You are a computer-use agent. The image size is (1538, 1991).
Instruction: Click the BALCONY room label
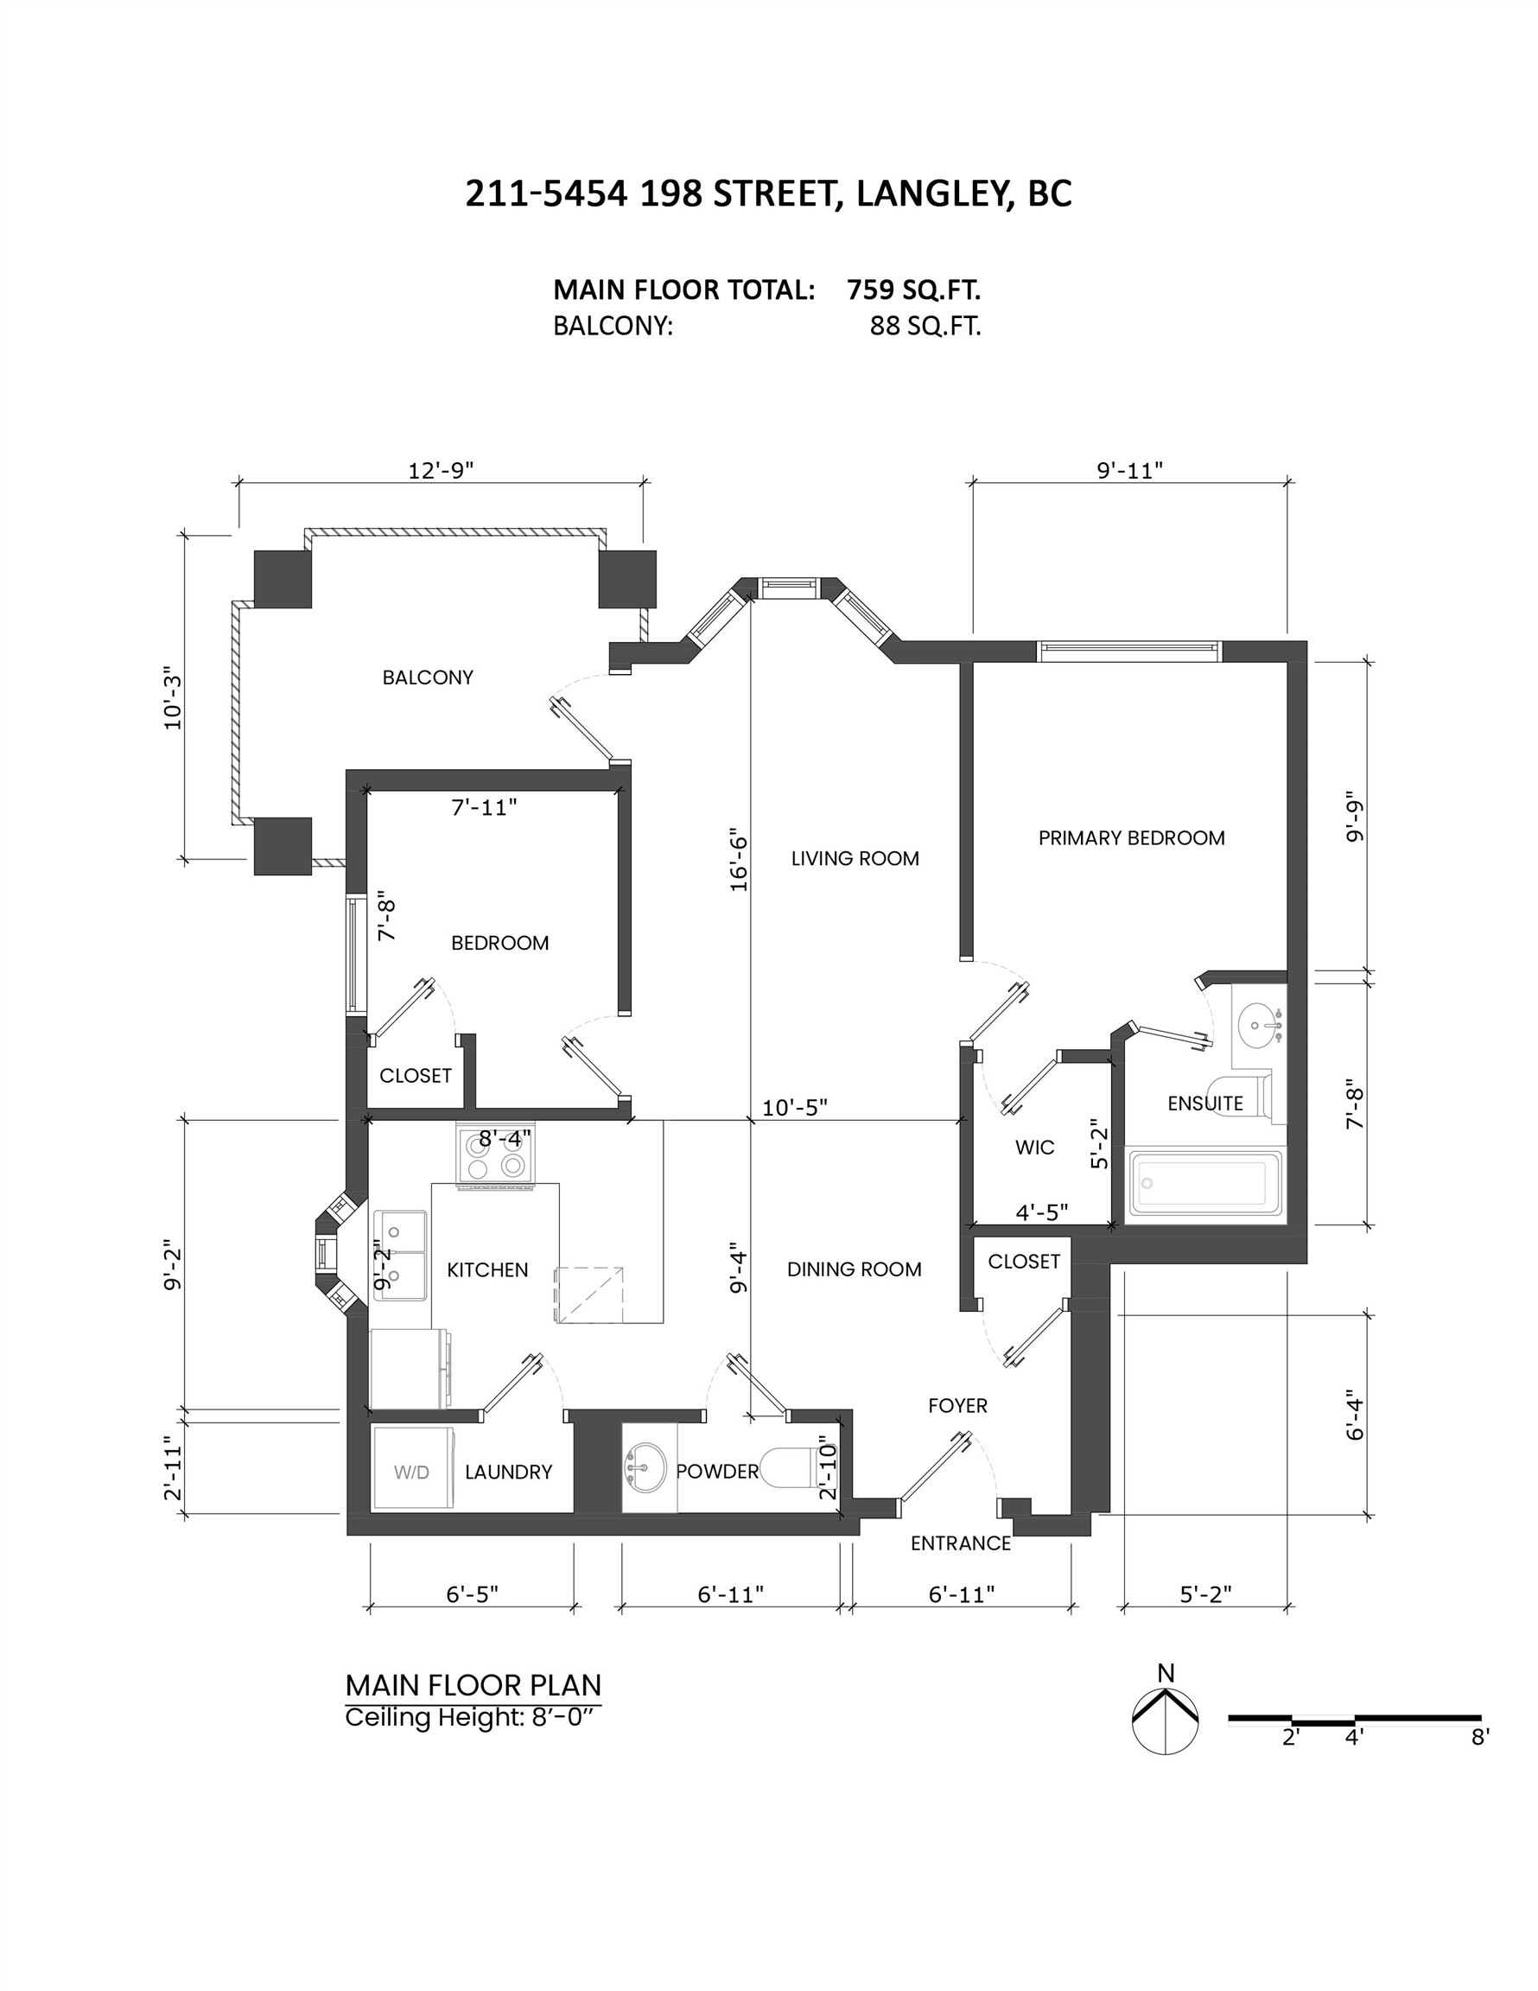[428, 677]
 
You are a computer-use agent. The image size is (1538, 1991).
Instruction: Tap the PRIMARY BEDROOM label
[1130, 837]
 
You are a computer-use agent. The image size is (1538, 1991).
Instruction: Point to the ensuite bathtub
[1204, 1183]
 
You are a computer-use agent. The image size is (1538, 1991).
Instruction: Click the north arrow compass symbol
[1165, 1720]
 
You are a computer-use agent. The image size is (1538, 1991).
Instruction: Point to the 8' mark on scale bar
[1479, 1738]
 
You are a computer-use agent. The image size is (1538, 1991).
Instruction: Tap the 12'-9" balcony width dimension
[441, 470]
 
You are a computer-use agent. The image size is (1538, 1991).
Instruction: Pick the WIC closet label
[1035, 1148]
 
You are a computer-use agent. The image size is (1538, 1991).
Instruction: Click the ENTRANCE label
[961, 1543]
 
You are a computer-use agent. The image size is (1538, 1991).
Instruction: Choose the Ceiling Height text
[474, 1719]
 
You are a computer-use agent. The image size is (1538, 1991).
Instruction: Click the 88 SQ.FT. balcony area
[925, 327]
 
